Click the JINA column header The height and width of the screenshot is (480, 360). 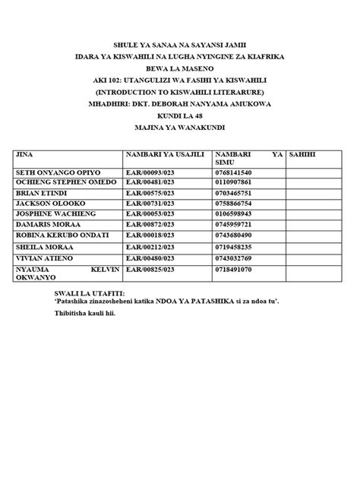(25, 154)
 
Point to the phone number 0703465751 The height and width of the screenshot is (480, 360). (237, 194)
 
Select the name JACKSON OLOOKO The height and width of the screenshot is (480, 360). (46, 204)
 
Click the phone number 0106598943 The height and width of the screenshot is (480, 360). (237, 215)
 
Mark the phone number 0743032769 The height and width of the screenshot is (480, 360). (237, 257)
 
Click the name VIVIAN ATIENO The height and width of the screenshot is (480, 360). (43, 257)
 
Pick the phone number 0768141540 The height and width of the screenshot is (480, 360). (237, 172)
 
